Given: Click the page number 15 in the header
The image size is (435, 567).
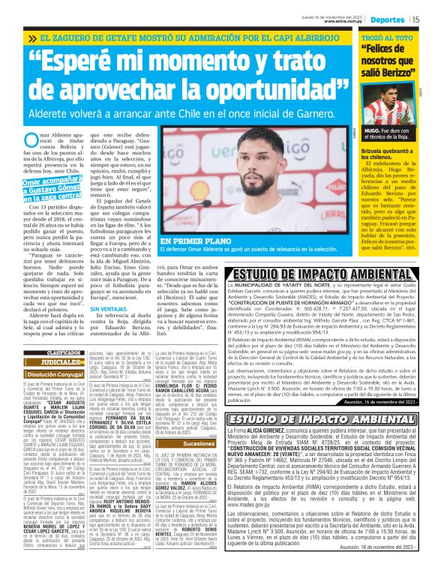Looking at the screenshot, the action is (x=415, y=19).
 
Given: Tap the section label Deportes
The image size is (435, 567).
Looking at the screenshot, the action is (x=388, y=19).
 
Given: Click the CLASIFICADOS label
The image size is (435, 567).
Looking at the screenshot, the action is (x=64, y=352).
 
